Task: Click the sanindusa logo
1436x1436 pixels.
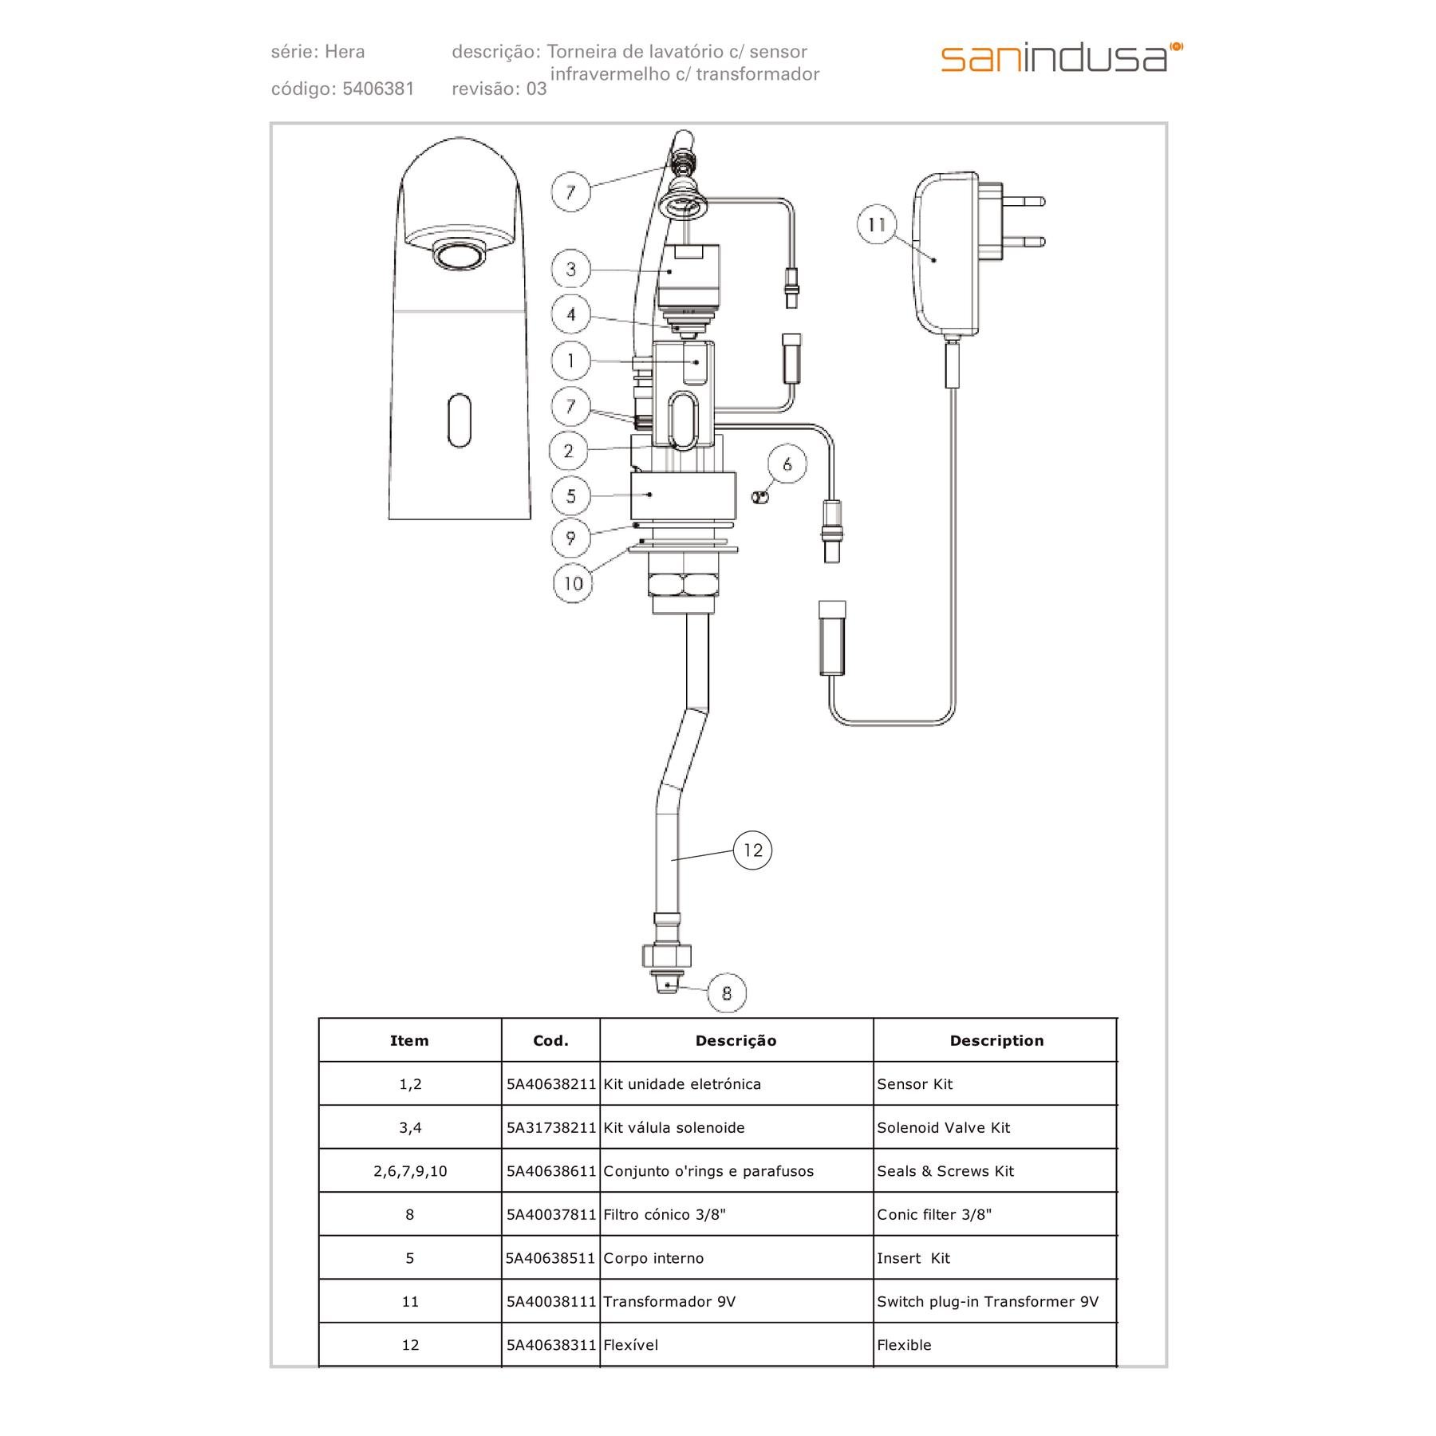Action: click(x=1061, y=57)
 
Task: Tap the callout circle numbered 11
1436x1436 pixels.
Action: click(x=877, y=225)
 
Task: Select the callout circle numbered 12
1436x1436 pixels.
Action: click(x=752, y=850)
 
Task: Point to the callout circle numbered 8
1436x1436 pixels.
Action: click(x=726, y=992)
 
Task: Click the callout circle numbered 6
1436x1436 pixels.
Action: click(x=787, y=464)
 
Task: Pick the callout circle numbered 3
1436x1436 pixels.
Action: click(x=571, y=270)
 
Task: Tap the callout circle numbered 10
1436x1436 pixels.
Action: click(x=573, y=583)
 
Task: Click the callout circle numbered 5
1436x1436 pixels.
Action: click(x=571, y=495)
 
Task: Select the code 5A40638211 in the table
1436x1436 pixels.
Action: click(x=551, y=1084)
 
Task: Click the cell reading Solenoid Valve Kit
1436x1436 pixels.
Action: click(x=943, y=1128)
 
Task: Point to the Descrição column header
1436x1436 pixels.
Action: click(x=736, y=1040)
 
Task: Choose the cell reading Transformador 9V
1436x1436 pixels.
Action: click(x=669, y=1302)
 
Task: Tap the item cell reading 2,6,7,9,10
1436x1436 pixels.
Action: click(x=410, y=1171)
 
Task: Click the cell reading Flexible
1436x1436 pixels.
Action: click(x=904, y=1345)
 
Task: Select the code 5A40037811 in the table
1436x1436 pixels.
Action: click(x=551, y=1215)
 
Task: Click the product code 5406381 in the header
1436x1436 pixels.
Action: click(x=378, y=89)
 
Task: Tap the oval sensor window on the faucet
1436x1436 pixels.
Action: click(x=460, y=419)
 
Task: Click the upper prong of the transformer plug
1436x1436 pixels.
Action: click(x=1024, y=202)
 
